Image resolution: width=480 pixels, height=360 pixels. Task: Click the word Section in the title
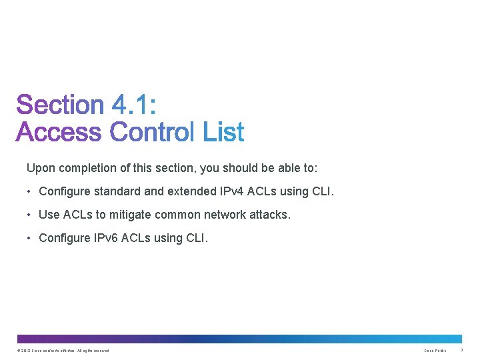[x=60, y=105]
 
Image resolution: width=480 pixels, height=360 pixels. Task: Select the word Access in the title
[x=58, y=132]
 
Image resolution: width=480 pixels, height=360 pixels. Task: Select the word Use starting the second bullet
[x=49, y=215]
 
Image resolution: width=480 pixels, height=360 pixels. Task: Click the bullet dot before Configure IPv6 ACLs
[x=30, y=237]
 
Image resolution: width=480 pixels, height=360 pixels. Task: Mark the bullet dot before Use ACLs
[x=30, y=215]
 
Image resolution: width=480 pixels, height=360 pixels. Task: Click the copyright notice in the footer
[x=64, y=351]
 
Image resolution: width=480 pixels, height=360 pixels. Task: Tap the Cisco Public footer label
[x=435, y=351]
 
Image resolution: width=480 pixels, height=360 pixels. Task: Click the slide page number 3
[x=461, y=351]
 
